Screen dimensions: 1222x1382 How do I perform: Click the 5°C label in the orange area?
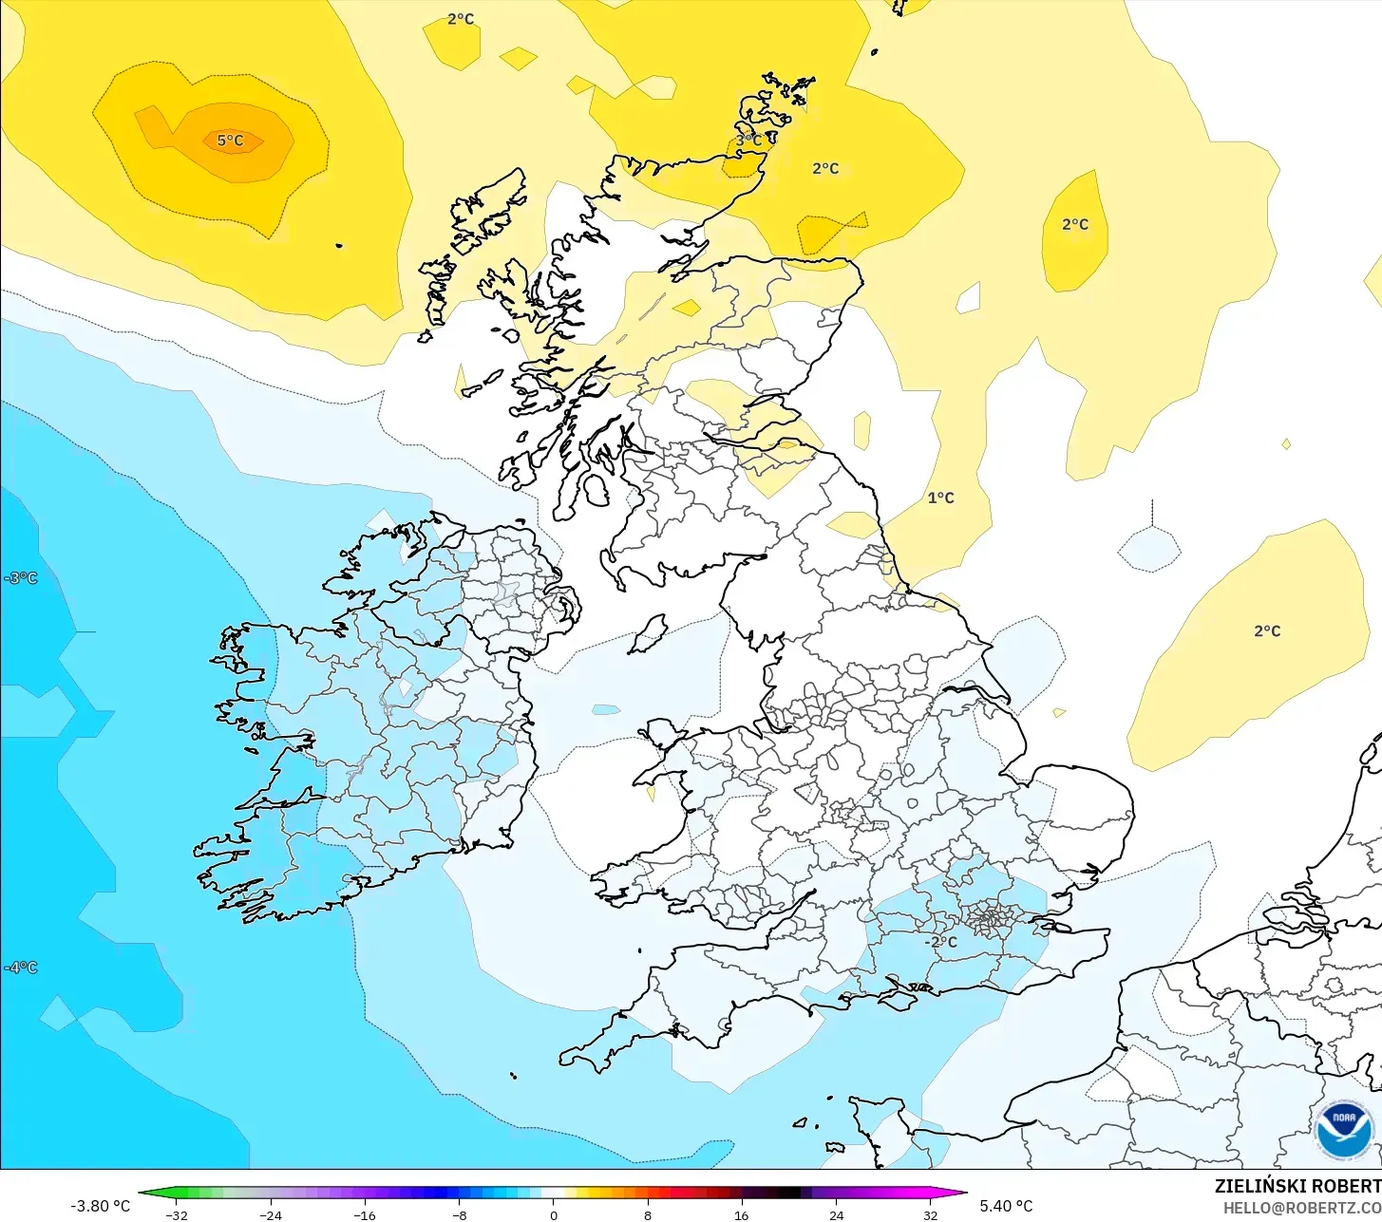230,141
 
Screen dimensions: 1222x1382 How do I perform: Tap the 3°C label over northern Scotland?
748,141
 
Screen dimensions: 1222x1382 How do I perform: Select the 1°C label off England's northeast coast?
940,498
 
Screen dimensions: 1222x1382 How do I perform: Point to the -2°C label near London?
941,942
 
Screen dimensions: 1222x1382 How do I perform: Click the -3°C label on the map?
20,577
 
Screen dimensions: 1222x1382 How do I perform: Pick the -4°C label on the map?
20,968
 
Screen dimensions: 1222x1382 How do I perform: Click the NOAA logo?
1344,1130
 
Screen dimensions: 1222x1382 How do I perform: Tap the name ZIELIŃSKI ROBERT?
1297,1186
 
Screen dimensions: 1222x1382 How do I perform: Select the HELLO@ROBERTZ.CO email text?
1301,1208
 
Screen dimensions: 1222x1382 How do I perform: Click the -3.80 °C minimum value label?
100,1206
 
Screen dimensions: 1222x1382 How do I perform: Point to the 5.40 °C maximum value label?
1006,1206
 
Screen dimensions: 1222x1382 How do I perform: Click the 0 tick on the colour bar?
553,1214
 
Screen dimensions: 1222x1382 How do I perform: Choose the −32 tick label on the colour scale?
175,1214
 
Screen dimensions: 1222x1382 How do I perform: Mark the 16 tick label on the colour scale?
741,1214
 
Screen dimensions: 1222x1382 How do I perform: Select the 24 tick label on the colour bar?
836,1214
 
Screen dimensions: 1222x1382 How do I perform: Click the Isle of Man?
649,633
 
